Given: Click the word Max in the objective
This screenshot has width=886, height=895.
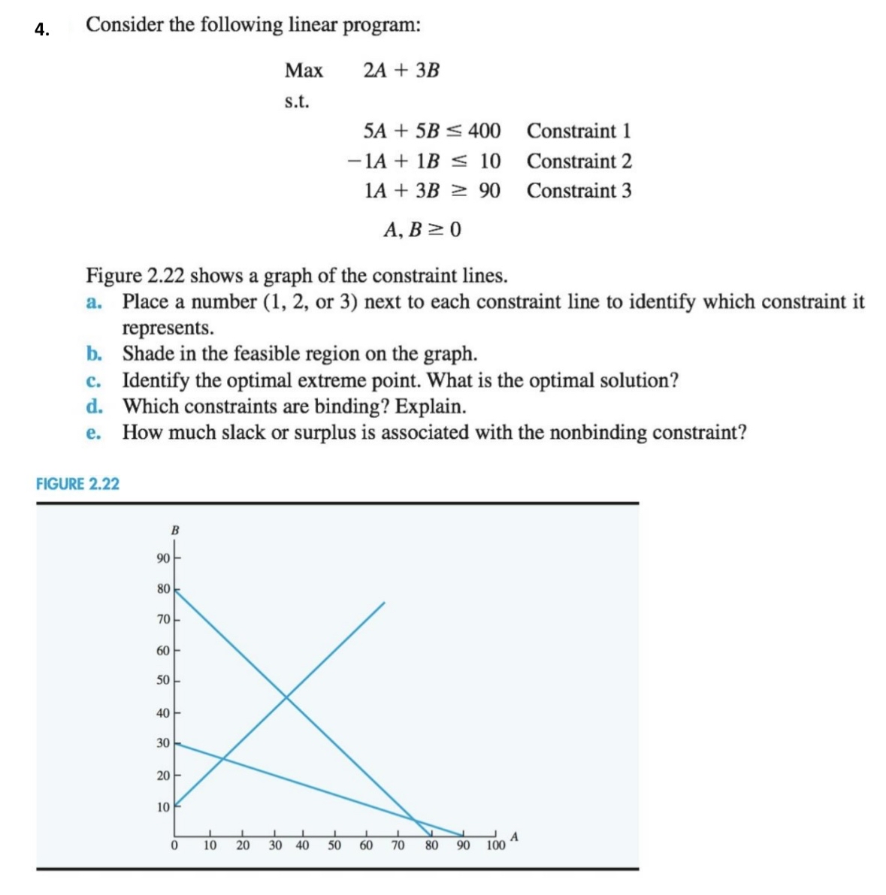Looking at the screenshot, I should click(304, 71).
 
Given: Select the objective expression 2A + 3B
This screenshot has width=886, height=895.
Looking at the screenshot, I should click(401, 71).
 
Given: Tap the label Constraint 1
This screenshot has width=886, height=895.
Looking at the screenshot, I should click(579, 131).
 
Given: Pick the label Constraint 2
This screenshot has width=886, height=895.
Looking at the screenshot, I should click(579, 161).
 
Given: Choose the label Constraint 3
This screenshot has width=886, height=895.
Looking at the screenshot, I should click(579, 191).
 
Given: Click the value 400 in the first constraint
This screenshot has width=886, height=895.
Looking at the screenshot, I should click(485, 131).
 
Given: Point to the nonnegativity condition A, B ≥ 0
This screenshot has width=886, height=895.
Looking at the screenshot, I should click(422, 229).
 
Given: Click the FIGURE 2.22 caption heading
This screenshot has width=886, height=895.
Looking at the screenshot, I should click(77, 484).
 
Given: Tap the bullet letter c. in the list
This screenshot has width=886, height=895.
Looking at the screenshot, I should click(94, 381).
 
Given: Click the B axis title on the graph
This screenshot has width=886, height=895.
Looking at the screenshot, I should click(175, 531).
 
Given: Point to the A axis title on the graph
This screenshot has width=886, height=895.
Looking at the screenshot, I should click(515, 836).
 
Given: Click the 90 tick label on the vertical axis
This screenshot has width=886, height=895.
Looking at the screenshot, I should click(163, 558).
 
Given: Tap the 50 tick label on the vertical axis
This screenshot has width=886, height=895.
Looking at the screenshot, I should click(163, 681).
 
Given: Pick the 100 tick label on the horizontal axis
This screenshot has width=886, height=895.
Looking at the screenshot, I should click(495, 845).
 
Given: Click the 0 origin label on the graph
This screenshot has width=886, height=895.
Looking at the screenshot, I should click(174, 845).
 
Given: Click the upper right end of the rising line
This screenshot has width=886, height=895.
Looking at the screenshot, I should click(384, 603).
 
